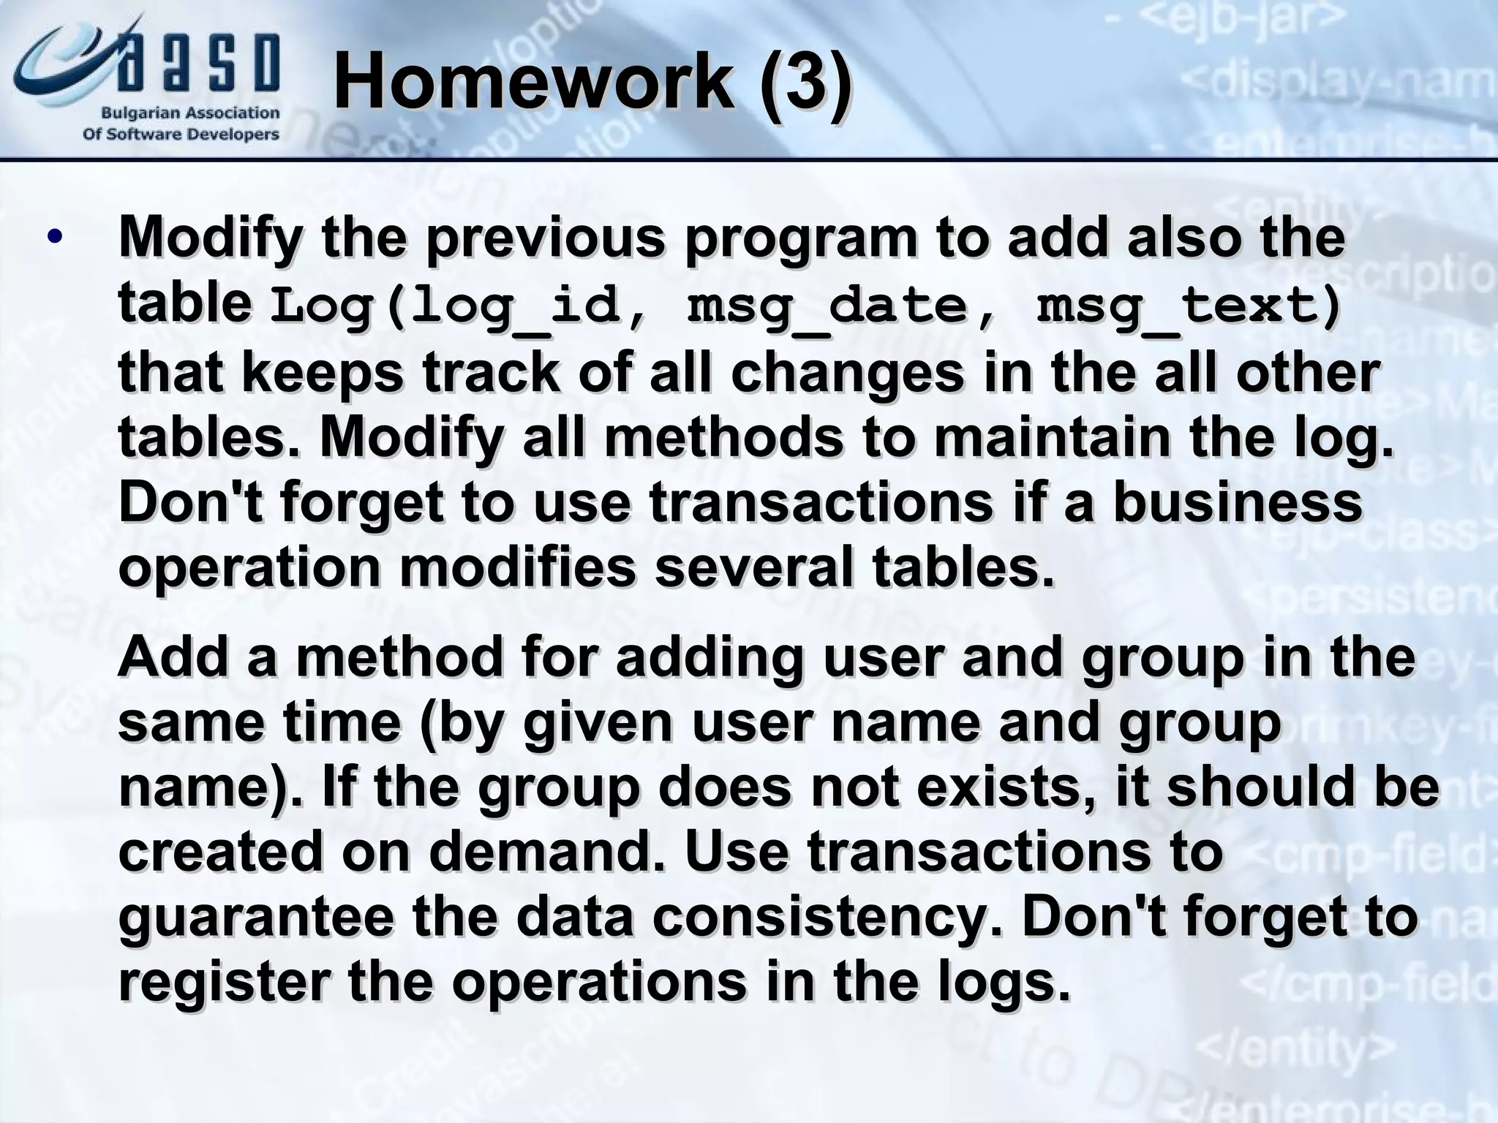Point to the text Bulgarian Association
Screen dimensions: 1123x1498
click(x=189, y=113)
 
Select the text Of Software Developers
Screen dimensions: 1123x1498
click(x=181, y=135)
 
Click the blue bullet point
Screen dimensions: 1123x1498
click(x=54, y=238)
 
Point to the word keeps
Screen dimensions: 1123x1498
click(x=322, y=373)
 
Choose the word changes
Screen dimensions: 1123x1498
click(x=847, y=373)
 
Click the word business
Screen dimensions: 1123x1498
click(x=1238, y=502)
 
